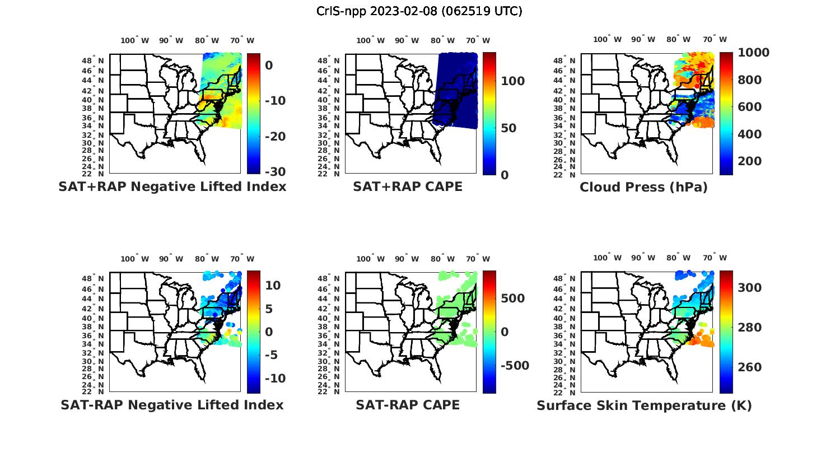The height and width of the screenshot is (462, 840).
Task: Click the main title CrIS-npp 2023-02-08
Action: coord(419,11)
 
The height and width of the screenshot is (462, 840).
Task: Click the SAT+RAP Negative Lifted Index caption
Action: coord(172,186)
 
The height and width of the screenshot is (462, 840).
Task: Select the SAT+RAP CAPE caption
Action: coord(408,186)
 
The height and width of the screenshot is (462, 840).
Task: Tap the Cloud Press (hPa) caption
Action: coord(643,187)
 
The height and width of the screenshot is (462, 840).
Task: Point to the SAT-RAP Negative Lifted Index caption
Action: coord(172,405)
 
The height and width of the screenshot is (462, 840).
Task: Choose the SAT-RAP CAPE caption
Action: coord(408,405)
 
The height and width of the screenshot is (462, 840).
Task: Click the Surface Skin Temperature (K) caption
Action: coord(644,405)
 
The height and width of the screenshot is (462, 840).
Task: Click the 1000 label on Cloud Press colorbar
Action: coord(753,53)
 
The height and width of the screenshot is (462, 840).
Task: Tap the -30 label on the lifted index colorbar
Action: coord(276,172)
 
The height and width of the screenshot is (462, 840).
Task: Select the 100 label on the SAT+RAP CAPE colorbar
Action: coord(512,81)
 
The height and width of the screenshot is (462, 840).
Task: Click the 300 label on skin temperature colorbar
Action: coord(749,288)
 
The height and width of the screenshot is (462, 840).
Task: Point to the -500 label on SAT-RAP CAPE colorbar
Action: coord(514,366)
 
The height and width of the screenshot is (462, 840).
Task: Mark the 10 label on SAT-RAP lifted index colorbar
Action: coord(273,286)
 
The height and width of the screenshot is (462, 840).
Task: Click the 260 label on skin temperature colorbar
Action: coord(749,367)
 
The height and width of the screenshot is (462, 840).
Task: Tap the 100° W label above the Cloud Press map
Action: coord(607,40)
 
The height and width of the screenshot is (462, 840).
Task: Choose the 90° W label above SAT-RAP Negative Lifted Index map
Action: coord(171,259)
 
